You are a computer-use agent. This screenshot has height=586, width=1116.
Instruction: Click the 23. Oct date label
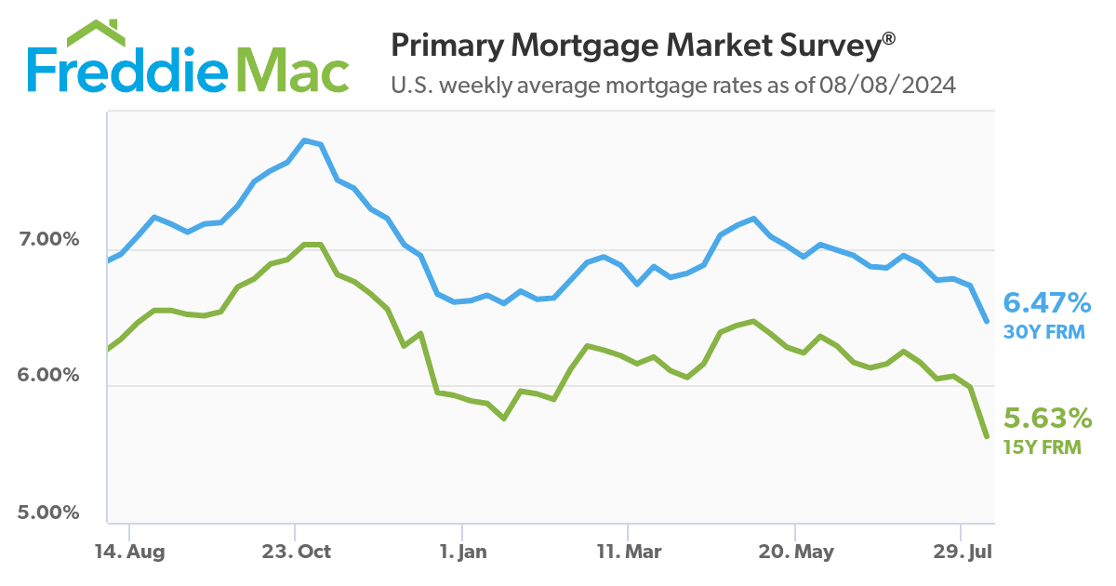point(296,552)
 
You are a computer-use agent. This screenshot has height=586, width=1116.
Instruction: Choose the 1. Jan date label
point(462,552)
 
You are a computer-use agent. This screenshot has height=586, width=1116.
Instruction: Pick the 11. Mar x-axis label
point(629,552)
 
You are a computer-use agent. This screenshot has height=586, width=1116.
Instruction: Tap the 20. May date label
point(796,552)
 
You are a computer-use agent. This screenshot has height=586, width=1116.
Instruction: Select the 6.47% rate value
point(1046,302)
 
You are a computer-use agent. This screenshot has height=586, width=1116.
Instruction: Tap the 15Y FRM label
point(1042,447)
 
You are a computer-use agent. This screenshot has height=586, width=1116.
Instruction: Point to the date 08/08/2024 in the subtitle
point(887,86)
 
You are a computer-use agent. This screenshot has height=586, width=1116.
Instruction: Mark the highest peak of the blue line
point(304,140)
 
